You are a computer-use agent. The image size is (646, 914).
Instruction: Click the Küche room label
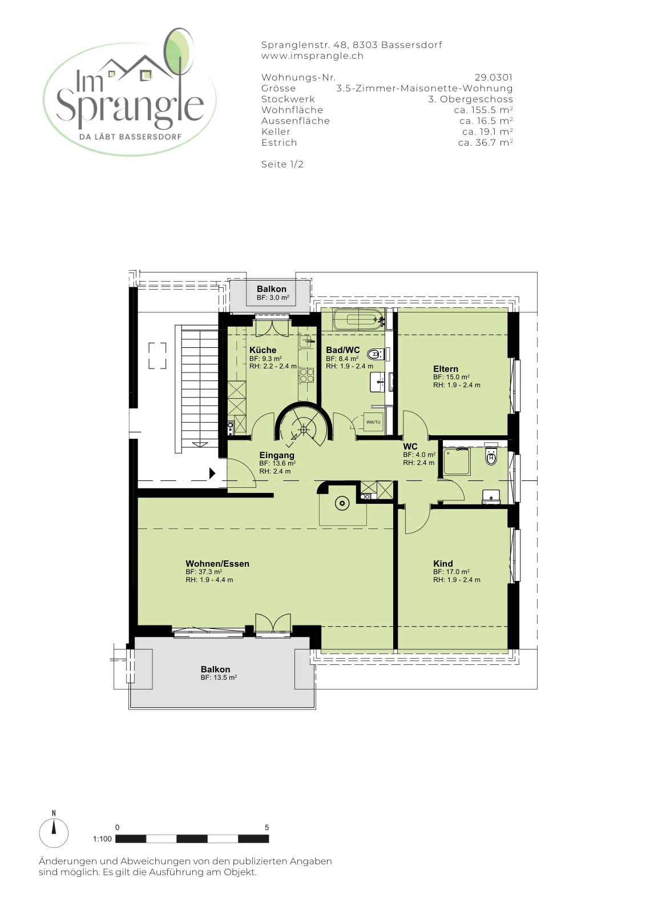click(263, 350)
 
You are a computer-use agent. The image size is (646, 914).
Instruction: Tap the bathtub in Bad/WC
click(358, 320)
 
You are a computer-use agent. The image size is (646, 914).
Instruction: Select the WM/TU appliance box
click(373, 422)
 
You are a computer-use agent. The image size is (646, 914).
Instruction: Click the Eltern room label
click(446, 369)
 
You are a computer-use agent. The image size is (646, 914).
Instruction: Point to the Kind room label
click(443, 563)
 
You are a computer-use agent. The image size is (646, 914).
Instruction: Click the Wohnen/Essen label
click(217, 563)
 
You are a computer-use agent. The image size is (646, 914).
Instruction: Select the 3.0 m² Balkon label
click(272, 289)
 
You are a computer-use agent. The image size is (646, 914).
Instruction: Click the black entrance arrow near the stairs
click(212, 474)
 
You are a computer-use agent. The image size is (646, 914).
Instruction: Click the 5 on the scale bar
click(267, 828)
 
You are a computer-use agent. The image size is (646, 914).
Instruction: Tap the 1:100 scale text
click(102, 839)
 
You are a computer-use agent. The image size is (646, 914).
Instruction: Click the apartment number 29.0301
click(494, 78)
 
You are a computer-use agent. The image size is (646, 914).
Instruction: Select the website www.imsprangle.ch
click(312, 56)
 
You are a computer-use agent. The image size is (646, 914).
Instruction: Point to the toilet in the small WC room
click(491, 457)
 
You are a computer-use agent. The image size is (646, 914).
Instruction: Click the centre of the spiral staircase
click(304, 429)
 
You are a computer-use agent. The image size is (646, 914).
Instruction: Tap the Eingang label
click(277, 455)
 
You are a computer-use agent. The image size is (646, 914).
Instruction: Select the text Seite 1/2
click(282, 165)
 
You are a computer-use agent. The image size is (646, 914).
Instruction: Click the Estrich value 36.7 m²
click(486, 143)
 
